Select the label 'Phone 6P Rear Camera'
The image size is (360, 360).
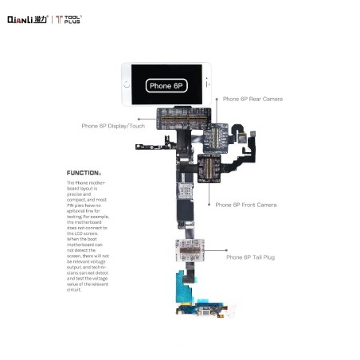click(x=252, y=99)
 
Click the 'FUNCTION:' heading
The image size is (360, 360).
click(x=84, y=173)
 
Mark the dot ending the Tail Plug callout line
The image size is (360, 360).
click(x=204, y=256)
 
